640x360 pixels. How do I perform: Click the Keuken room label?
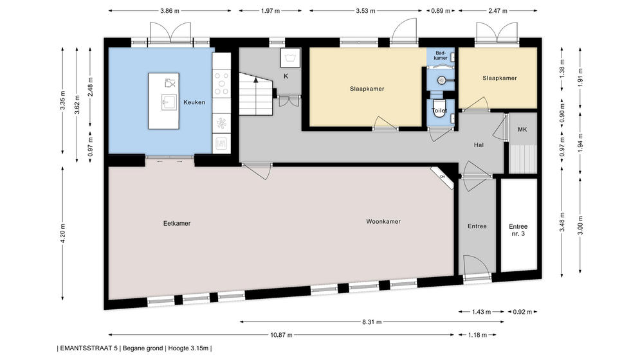pyautogui.click(x=194, y=102)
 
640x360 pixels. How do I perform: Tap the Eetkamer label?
pyautogui.click(x=177, y=223)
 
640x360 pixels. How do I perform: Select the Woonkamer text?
pyautogui.click(x=383, y=222)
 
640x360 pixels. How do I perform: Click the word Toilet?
pyautogui.click(x=439, y=110)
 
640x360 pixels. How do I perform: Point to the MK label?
pyautogui.click(x=522, y=129)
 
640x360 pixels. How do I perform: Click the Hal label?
pyautogui.click(x=479, y=145)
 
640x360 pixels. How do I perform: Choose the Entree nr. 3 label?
pyautogui.click(x=518, y=230)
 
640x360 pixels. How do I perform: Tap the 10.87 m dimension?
pyautogui.click(x=281, y=335)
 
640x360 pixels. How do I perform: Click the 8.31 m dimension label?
pyautogui.click(x=372, y=322)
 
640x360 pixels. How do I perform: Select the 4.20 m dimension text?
pyautogui.click(x=63, y=233)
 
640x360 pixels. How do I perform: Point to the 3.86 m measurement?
pyautogui.click(x=170, y=11)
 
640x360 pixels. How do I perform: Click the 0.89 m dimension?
pyautogui.click(x=441, y=11)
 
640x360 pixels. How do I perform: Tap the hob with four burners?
pyautogui.click(x=221, y=83)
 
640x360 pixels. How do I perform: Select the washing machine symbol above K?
pyautogui.click(x=290, y=58)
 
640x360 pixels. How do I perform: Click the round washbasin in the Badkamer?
pyautogui.click(x=441, y=80)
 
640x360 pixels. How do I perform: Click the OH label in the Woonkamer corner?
pyautogui.click(x=443, y=177)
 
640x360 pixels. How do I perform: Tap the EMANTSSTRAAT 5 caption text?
pyautogui.click(x=89, y=348)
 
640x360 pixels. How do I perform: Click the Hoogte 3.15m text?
pyautogui.click(x=188, y=348)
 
